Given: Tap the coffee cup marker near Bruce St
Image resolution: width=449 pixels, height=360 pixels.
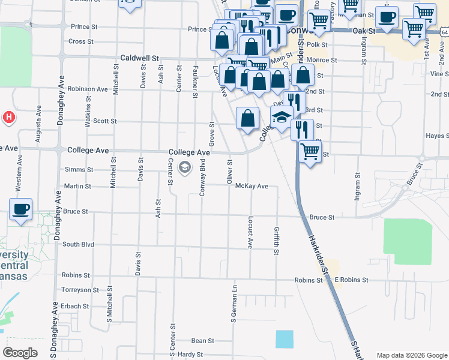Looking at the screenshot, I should (20, 209).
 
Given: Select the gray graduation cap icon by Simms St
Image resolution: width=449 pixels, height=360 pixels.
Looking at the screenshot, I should (185, 166).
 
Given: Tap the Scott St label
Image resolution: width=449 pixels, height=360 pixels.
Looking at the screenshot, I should (104, 121).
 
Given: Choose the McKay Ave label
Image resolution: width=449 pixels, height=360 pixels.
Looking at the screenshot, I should (251, 186).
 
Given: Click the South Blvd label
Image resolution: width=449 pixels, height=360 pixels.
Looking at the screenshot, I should (78, 244).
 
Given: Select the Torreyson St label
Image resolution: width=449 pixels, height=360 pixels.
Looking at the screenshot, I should (79, 289).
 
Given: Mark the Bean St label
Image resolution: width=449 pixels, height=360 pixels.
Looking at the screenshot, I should (203, 341).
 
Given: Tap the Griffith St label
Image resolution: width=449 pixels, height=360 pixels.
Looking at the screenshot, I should (277, 241).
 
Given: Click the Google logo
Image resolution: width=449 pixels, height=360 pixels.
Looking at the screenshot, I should (20, 353).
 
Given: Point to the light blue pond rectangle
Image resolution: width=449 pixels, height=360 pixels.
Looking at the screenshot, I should (285, 339).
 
